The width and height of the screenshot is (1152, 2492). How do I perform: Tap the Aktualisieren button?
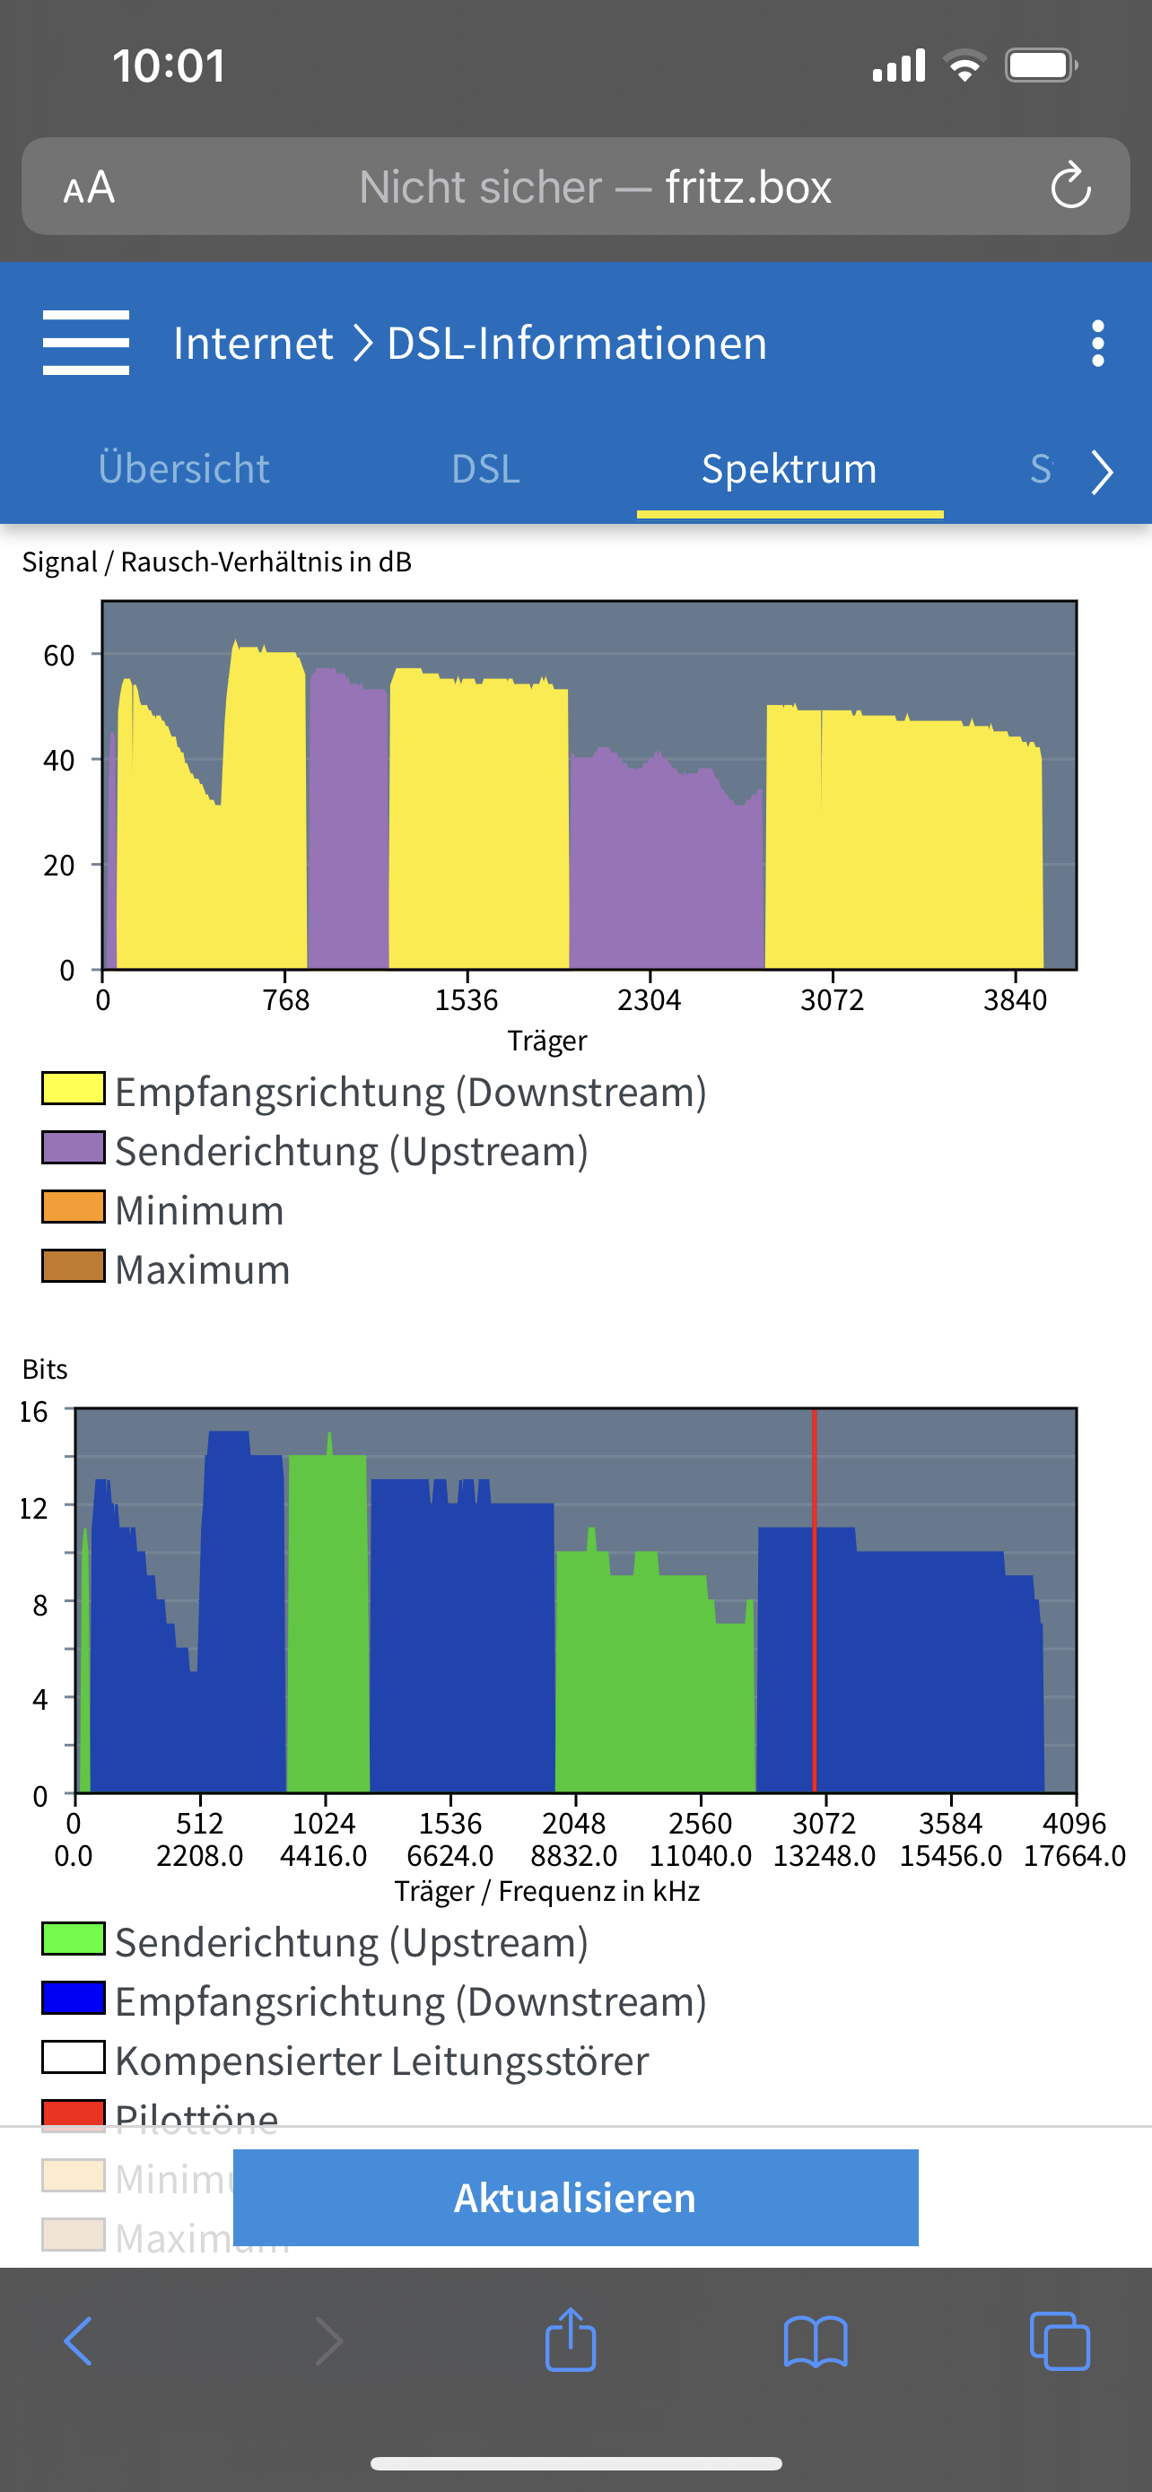(x=575, y=2197)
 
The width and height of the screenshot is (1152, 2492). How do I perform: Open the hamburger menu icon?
(x=86, y=343)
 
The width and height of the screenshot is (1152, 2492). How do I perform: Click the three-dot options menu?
(x=1097, y=344)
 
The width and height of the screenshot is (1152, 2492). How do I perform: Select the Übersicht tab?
(x=184, y=469)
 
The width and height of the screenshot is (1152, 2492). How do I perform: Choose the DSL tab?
(x=485, y=469)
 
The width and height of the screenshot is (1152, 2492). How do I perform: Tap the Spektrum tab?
(x=790, y=469)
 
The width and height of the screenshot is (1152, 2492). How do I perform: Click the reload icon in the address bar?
(x=1070, y=186)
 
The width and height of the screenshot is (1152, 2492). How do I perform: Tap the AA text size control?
(x=89, y=187)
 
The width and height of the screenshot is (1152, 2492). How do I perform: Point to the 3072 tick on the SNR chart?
(x=832, y=999)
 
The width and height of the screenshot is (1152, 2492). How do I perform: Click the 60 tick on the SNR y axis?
(x=59, y=656)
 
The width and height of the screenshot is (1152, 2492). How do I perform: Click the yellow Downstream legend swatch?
(x=74, y=1088)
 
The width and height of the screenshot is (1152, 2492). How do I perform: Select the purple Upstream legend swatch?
(x=74, y=1148)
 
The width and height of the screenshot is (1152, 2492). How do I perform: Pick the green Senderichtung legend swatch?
(x=74, y=1939)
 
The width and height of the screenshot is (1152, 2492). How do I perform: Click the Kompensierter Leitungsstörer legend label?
(x=382, y=2060)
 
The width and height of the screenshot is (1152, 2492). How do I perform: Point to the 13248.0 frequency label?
(x=825, y=1855)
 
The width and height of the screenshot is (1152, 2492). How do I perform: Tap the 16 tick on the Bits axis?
(x=34, y=1411)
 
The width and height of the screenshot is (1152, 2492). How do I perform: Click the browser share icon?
(x=571, y=2341)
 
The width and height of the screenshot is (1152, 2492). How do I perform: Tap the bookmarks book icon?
(x=816, y=2342)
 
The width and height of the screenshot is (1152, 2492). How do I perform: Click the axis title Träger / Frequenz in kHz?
(x=546, y=1890)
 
